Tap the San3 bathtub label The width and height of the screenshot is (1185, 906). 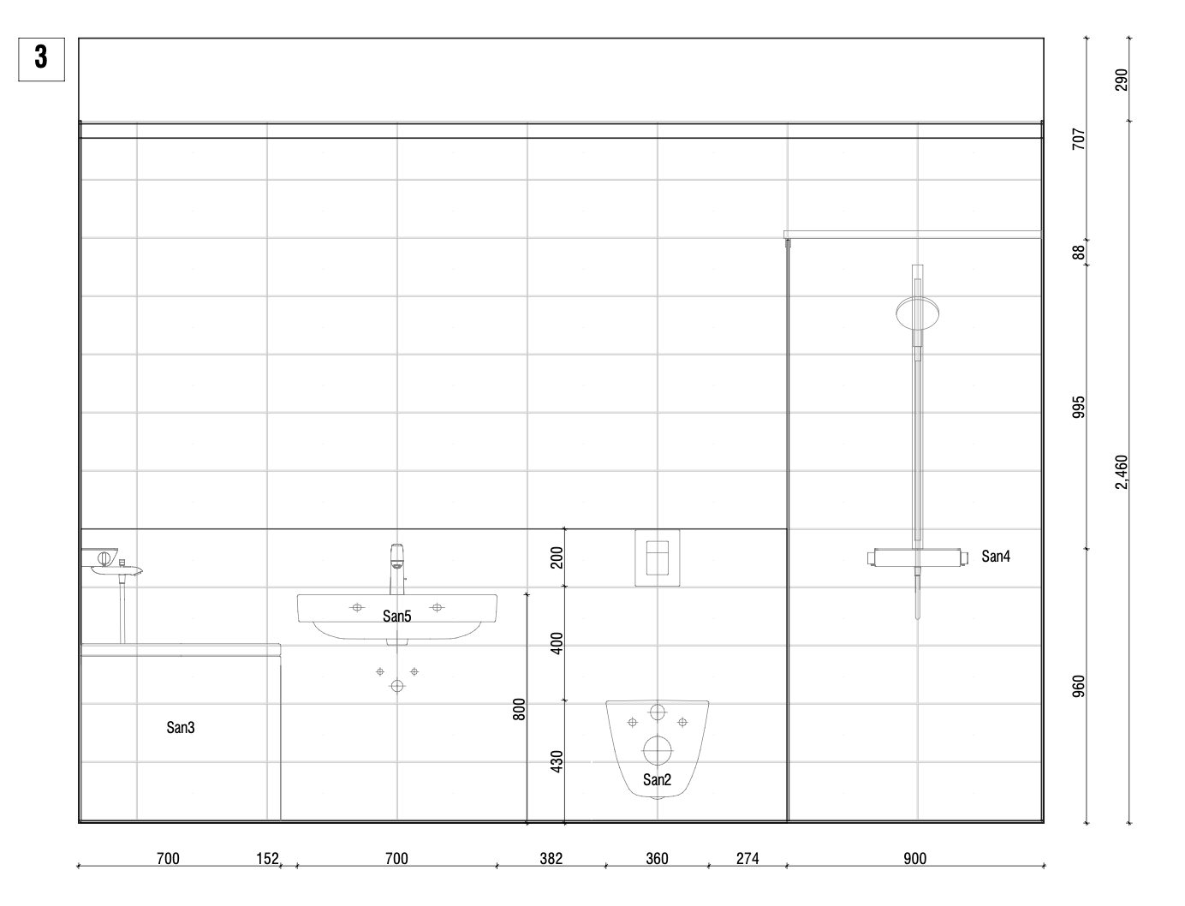(181, 727)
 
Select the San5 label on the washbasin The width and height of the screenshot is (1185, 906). (396, 616)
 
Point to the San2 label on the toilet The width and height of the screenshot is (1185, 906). (657, 779)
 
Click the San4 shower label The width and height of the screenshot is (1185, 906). (996, 556)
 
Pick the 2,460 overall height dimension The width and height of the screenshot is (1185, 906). (1122, 472)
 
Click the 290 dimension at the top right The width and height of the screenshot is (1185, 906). (1122, 80)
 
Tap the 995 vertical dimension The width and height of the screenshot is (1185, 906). (1078, 407)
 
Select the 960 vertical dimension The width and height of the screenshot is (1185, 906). (1078, 686)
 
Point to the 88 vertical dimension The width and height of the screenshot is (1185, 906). (1078, 252)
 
